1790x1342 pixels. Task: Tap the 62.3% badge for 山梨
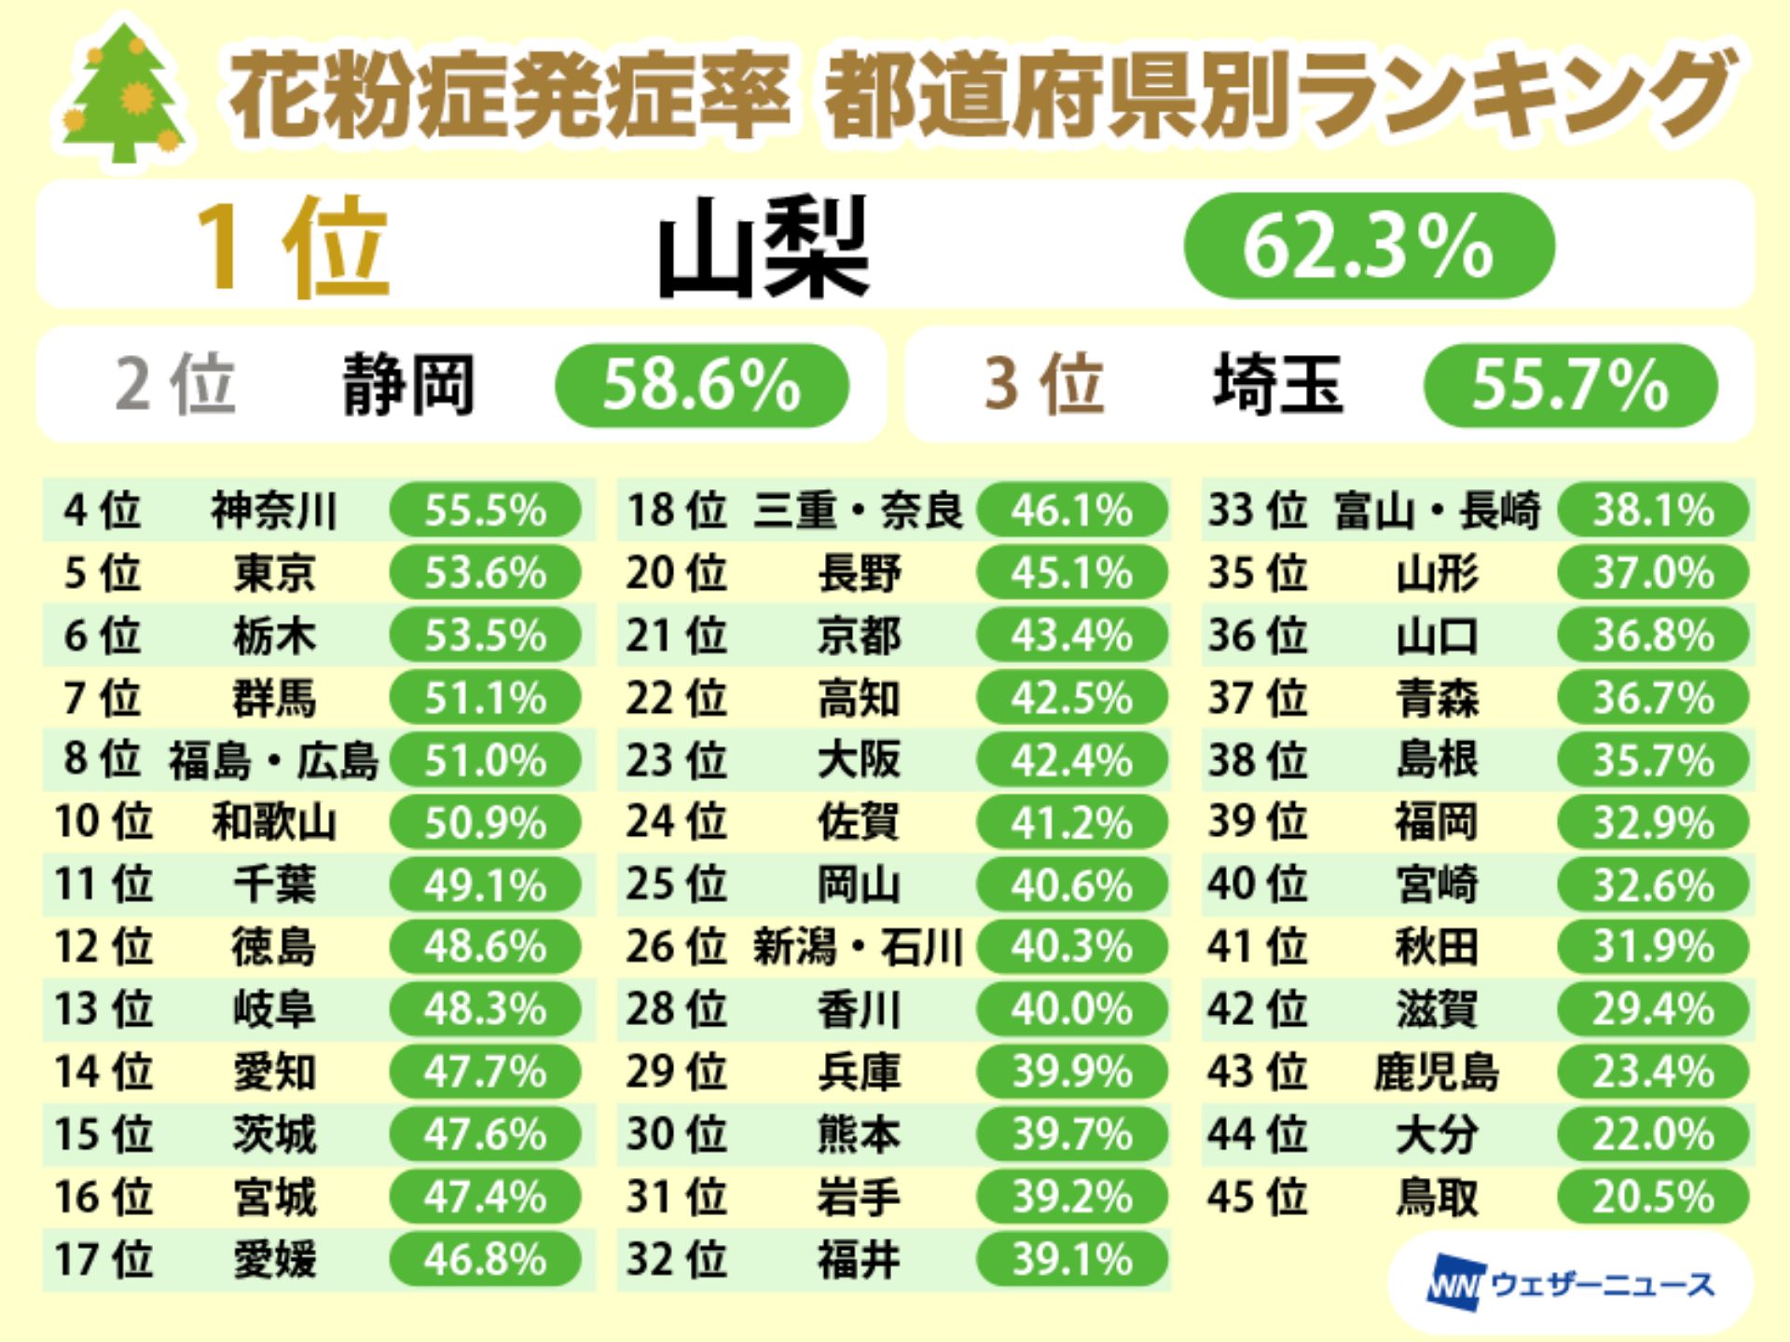[1369, 246]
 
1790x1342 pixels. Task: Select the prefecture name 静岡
[408, 385]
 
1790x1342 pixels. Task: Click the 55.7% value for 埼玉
[1570, 385]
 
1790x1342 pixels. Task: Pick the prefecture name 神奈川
[273, 511]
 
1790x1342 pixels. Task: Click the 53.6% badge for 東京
[485, 572]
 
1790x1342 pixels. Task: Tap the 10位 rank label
[103, 822]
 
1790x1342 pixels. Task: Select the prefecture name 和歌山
[273, 822]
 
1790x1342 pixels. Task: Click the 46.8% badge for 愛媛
[485, 1259]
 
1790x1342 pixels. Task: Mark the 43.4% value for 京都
[1071, 636]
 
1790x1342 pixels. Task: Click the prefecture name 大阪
[859, 760]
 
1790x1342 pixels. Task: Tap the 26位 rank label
[676, 947]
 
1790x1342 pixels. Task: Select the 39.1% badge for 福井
[1071, 1259]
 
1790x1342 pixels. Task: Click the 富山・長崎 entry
[1436, 511]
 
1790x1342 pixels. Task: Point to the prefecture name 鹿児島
[1436, 1072]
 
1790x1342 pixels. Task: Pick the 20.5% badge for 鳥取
[1653, 1197]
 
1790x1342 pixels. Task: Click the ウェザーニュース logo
[1571, 1285]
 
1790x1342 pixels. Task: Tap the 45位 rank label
[1257, 1197]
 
